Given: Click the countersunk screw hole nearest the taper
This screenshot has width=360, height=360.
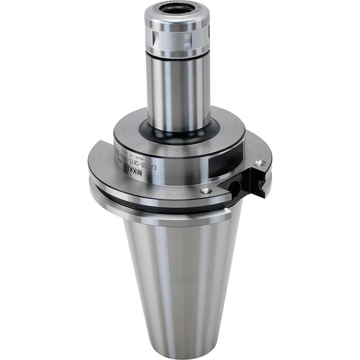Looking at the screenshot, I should [206, 191].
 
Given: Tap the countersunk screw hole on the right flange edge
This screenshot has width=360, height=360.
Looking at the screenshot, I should [259, 163].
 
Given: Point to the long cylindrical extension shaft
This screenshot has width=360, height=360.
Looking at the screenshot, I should [179, 90].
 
